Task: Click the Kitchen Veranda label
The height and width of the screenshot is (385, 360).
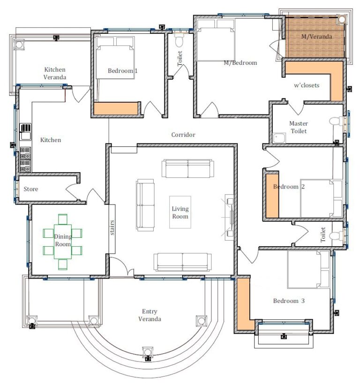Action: [x=54, y=73]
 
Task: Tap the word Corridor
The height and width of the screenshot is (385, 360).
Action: [x=183, y=135]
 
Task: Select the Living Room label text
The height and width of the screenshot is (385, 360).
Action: [x=180, y=213]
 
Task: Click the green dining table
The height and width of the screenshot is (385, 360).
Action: [x=62, y=242]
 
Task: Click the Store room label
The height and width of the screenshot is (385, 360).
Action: [x=31, y=189]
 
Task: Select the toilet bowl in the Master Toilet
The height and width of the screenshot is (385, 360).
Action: [x=336, y=121]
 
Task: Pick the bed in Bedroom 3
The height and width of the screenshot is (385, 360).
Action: [x=310, y=269]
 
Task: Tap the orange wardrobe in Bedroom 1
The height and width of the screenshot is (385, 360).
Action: [x=115, y=108]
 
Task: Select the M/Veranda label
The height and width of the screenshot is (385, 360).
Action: [x=317, y=37]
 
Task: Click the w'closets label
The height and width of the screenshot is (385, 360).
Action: [x=307, y=85]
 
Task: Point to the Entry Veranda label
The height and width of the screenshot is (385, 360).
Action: [x=150, y=315]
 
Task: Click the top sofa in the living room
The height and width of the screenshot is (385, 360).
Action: [x=187, y=168]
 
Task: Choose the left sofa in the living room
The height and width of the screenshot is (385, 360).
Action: [x=145, y=205]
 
